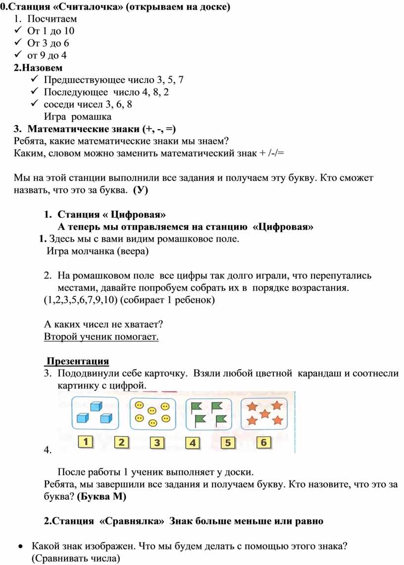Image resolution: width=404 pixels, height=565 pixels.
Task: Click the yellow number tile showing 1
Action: (86, 441)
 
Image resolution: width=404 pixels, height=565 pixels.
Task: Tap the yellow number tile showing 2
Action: (122, 442)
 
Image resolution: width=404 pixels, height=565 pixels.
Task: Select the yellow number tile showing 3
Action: (157, 443)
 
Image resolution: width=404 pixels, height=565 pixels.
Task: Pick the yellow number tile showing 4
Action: (193, 443)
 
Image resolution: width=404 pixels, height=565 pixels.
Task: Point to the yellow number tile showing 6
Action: (263, 442)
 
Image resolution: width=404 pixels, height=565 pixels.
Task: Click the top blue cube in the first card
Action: (96, 406)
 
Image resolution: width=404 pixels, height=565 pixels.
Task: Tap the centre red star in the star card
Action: (265, 413)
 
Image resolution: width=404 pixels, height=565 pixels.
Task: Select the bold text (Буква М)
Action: (101, 497)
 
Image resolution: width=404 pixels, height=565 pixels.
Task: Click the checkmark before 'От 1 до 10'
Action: (18, 31)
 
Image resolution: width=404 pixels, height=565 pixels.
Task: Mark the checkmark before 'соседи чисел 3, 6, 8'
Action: (33, 104)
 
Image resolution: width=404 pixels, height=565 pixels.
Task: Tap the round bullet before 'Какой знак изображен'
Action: (19, 547)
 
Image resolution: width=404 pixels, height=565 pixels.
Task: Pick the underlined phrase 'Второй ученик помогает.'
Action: (101, 336)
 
